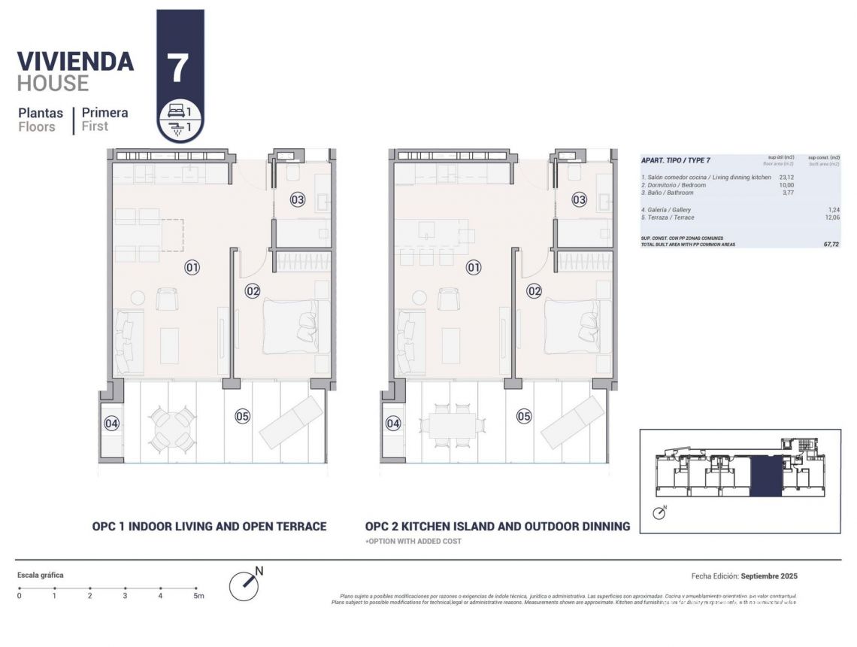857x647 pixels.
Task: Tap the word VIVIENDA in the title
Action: tap(75, 61)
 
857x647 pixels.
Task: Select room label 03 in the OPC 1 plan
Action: tap(298, 199)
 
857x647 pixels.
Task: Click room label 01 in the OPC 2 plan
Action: tap(474, 266)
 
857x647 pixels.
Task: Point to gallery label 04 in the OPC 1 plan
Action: tap(111, 424)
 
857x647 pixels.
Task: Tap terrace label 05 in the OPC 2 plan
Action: tap(524, 416)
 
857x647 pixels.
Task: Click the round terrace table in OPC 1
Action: tap(171, 427)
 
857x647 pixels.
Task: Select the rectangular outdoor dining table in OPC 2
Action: tap(453, 426)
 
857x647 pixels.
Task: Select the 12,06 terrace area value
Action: tap(832, 217)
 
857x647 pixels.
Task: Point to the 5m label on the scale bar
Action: tap(198, 596)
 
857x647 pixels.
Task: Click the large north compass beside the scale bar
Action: tap(244, 585)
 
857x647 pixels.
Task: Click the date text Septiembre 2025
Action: tap(768, 576)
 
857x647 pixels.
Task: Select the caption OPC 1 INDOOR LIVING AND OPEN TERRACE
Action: tap(209, 527)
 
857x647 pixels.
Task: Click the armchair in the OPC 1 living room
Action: tap(167, 299)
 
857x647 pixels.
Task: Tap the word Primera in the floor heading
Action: tap(104, 113)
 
